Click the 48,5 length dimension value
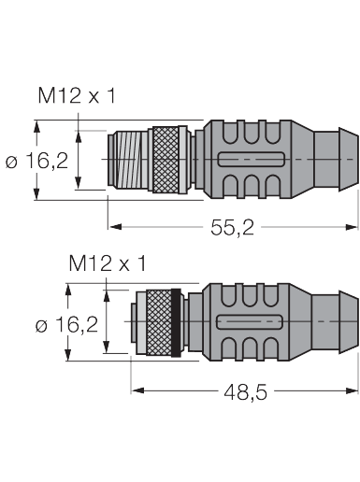(x=246, y=393)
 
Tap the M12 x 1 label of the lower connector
(x=107, y=264)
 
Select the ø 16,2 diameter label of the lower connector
(x=67, y=325)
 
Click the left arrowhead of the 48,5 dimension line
(x=136, y=391)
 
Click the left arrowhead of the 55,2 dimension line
(x=113, y=226)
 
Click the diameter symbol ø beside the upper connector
(x=11, y=162)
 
